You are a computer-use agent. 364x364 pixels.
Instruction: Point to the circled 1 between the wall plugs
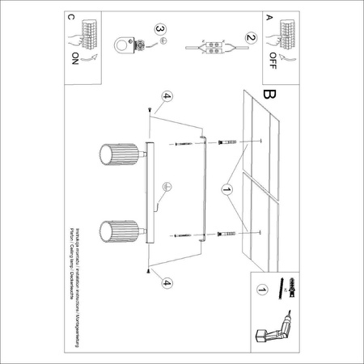pyautogui.click(x=226, y=191)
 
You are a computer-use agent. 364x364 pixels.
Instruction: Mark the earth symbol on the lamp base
pyautogui.click(x=166, y=187)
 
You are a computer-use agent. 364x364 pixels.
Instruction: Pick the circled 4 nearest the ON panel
pyautogui.click(x=165, y=97)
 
